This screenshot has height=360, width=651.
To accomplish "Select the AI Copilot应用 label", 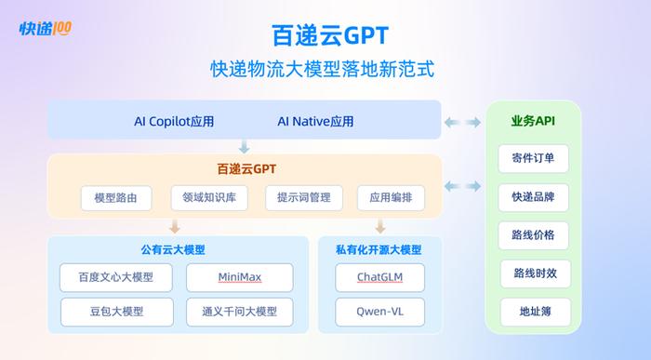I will click(174, 122).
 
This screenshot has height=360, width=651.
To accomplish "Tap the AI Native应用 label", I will click(315, 122).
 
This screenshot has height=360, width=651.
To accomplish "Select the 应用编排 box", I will click(390, 198).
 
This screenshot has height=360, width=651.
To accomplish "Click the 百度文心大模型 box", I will click(116, 277).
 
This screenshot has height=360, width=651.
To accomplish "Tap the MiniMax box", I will click(240, 277).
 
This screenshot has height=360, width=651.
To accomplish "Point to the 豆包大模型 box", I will click(116, 310).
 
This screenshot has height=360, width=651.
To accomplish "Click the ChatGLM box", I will click(379, 277).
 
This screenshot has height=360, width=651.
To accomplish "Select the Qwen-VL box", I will click(379, 310).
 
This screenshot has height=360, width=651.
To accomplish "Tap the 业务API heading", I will click(534, 122).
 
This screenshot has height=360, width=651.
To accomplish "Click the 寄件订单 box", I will click(534, 159).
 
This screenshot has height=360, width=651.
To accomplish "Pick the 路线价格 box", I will click(534, 235).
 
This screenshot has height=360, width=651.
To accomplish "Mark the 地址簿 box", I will click(534, 312).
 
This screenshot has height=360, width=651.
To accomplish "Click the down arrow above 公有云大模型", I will click(174, 227).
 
